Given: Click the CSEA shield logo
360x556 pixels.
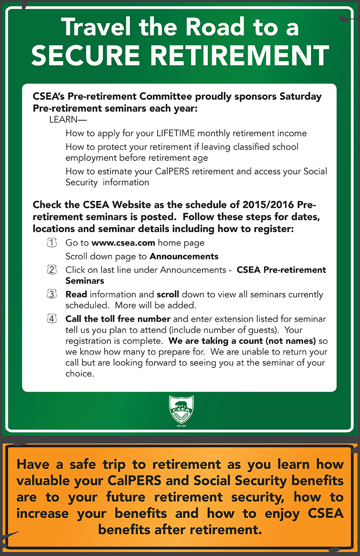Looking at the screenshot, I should [181, 410].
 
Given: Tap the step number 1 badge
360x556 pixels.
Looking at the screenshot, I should [52, 243].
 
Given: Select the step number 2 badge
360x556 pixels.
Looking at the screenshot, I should [52, 270].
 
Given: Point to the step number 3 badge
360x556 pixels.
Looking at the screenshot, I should [52, 294].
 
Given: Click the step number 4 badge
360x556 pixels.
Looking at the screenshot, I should [52, 319].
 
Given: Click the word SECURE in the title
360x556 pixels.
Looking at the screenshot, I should [87, 55].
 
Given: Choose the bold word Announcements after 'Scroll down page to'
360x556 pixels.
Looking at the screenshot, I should [184, 256].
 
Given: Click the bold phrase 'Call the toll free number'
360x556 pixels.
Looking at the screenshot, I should [118, 319].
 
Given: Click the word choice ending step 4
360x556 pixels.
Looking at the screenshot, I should [80, 374].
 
